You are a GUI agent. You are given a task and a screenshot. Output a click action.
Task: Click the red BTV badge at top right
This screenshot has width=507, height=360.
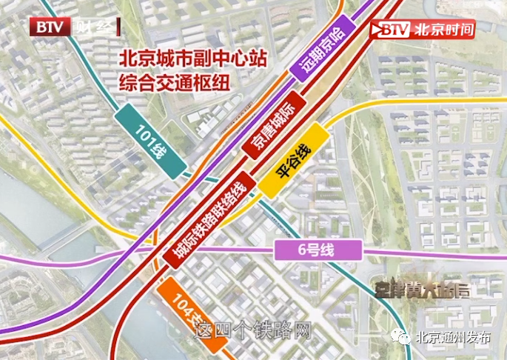[390, 30]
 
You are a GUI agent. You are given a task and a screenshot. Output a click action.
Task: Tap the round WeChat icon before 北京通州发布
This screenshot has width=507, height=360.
[403, 338]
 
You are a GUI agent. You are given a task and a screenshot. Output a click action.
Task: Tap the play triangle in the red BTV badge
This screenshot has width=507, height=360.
[383, 30]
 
